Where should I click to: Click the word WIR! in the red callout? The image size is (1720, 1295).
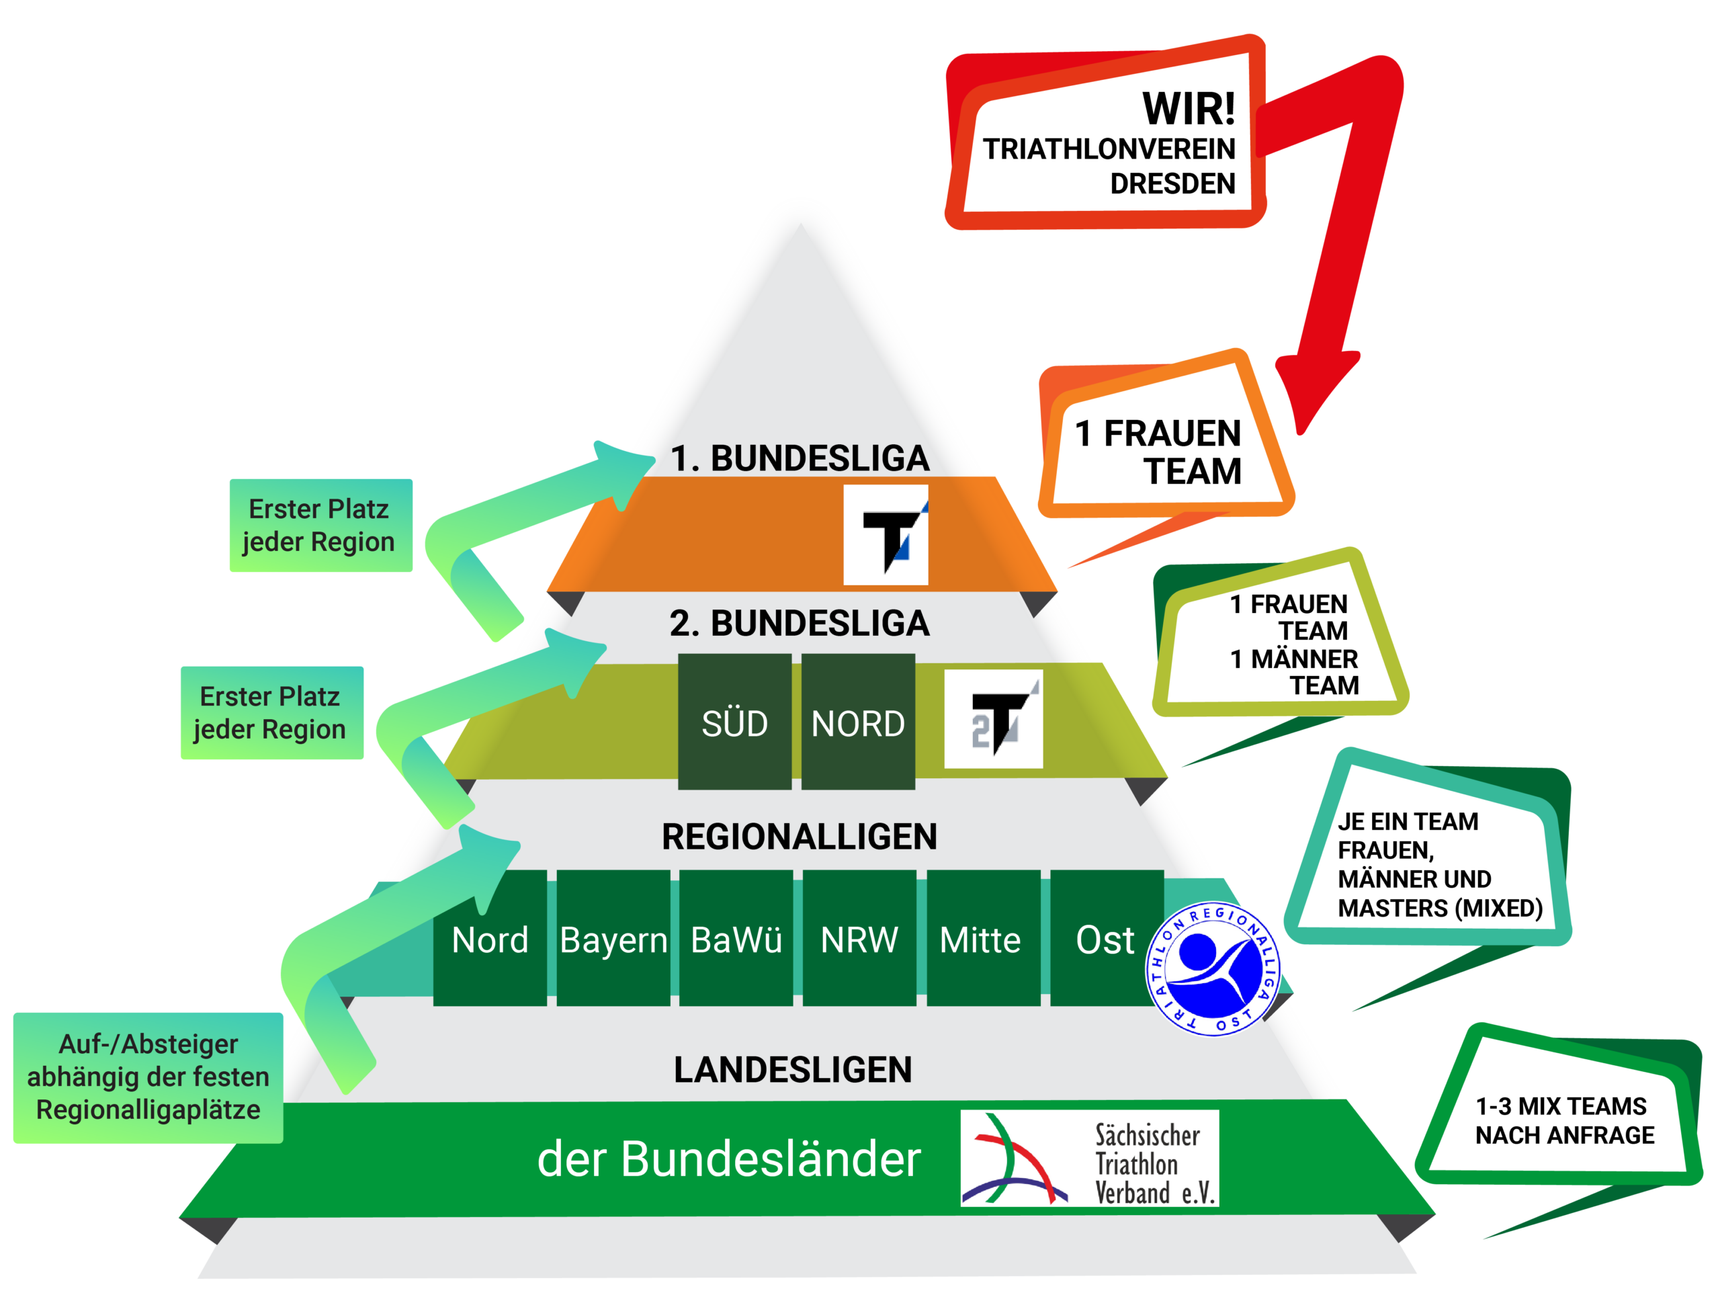[1187, 109]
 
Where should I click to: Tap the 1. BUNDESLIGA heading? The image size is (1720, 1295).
[800, 458]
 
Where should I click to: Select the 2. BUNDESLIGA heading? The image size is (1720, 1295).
[800, 623]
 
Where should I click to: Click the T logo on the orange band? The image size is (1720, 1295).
[886, 534]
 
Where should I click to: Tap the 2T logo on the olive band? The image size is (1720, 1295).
[993, 718]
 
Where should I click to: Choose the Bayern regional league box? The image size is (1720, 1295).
[613, 938]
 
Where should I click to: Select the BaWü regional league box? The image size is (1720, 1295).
[736, 938]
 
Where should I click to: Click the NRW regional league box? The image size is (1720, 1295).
[859, 938]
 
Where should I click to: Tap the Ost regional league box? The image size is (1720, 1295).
[1105, 938]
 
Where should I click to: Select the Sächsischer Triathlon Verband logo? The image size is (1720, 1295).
[1089, 1158]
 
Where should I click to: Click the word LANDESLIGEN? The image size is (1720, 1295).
[792, 1069]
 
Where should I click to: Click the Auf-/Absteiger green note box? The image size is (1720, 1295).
[148, 1077]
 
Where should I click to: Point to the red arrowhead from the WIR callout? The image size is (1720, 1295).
[1314, 389]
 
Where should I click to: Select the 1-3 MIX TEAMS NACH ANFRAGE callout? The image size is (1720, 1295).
[1563, 1120]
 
